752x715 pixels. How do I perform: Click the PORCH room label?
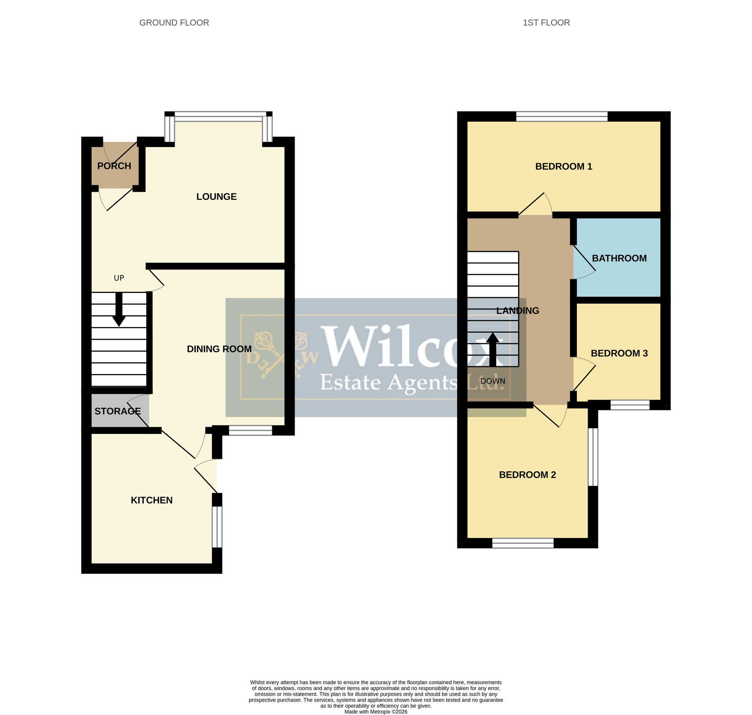point(114,166)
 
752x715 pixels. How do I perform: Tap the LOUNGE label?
point(217,197)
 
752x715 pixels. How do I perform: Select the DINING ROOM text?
point(219,349)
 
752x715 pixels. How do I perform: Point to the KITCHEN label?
point(152,500)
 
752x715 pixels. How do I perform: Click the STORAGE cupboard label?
point(118,411)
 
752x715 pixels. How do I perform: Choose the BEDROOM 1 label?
point(564,166)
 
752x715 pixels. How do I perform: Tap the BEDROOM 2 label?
point(528,474)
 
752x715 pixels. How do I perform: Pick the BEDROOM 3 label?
point(619,353)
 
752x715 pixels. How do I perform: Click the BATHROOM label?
point(619,258)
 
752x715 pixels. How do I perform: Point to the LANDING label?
point(518,311)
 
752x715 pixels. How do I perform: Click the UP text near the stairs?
point(119,278)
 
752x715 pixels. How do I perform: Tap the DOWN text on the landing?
point(493,381)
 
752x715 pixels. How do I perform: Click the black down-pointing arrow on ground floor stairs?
point(119,309)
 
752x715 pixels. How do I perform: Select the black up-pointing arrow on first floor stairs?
point(493,350)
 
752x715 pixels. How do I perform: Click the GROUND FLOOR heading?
point(174,23)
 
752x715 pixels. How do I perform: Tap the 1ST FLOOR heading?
point(546,23)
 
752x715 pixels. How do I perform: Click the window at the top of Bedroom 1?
point(562,116)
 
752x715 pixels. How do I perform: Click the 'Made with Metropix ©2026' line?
point(376,712)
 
